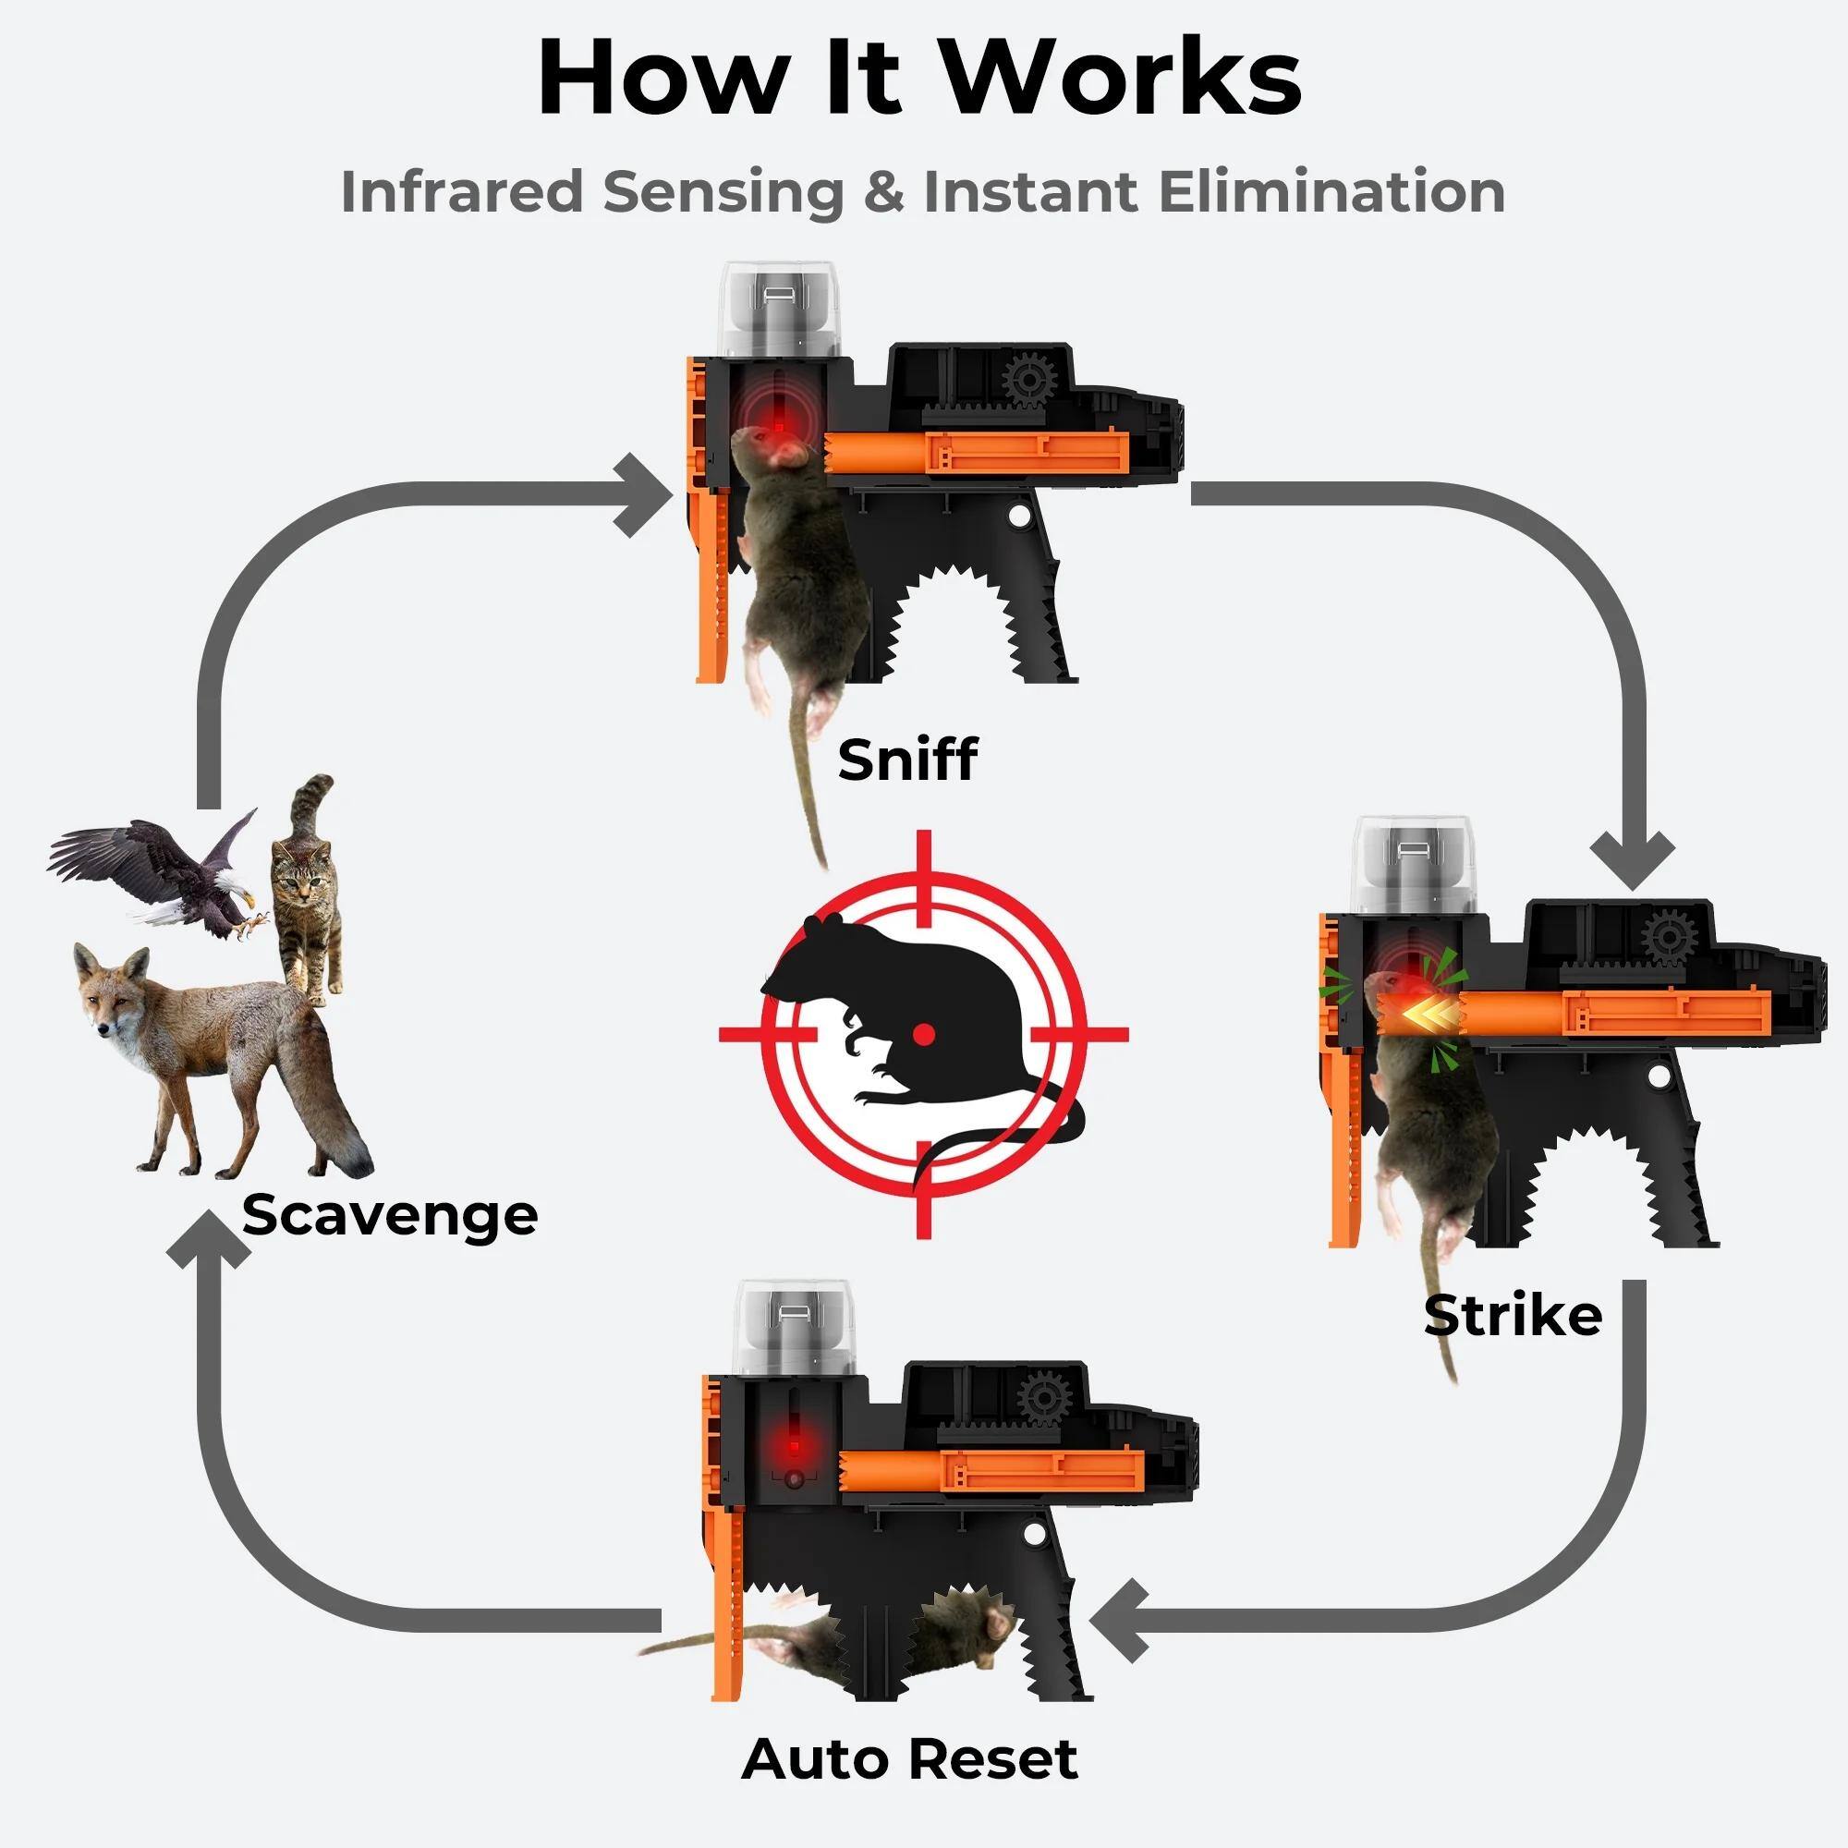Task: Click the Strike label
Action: [1513, 1315]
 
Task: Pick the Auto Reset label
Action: [909, 1758]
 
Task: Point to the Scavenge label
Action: [390, 1216]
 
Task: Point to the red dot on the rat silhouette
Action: [923, 1033]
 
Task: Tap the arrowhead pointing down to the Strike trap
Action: [1632, 857]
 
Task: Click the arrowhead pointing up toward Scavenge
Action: [209, 1244]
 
